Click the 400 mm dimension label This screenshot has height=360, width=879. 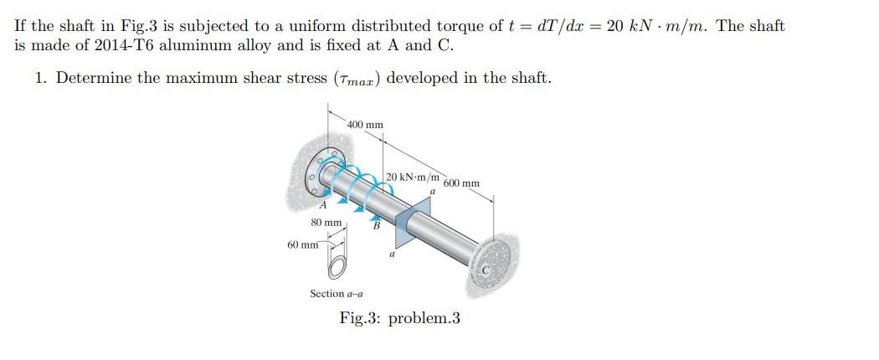366,125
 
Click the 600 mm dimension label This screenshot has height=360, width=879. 461,183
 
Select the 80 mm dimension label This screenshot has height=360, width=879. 326,223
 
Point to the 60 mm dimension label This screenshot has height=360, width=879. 301,245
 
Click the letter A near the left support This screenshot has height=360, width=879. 321,206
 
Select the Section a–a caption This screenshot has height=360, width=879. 338,294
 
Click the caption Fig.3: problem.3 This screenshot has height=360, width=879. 399,318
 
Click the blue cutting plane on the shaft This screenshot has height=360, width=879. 400,220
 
